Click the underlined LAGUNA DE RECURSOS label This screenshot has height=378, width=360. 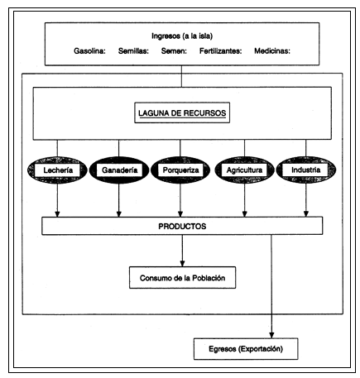click(180, 112)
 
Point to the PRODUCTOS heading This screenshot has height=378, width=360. click(181, 225)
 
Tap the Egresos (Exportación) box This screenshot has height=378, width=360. click(243, 348)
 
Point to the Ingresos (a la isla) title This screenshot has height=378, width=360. click(180, 36)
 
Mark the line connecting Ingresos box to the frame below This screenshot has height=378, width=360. click(181, 76)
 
